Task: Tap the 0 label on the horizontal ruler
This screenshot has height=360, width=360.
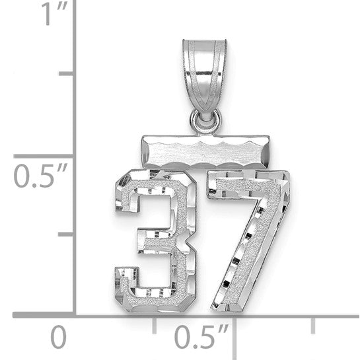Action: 59,338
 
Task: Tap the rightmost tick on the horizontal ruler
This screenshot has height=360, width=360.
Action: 313,324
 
